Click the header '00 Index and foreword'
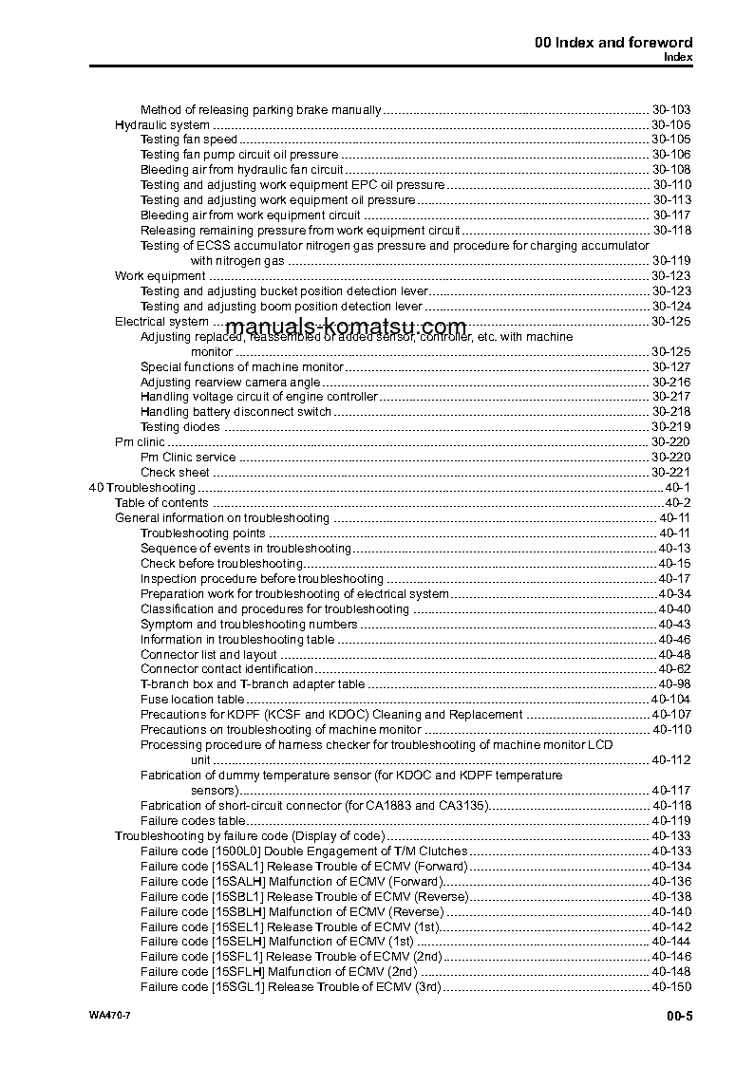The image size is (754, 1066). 613,42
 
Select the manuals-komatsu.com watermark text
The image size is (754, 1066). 360,327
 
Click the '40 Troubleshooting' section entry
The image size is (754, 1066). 141,488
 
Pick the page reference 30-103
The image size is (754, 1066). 671,109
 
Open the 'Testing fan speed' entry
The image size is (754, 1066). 188,140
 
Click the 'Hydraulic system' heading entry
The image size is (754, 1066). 162,124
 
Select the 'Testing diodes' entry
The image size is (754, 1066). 179,427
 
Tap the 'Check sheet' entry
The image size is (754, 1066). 175,473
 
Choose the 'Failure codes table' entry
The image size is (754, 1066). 194,821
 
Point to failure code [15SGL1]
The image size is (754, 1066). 236,987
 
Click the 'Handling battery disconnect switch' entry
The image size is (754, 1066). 236,412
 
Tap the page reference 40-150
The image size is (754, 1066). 671,987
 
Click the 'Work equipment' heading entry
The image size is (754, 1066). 160,275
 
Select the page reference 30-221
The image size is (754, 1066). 671,473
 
